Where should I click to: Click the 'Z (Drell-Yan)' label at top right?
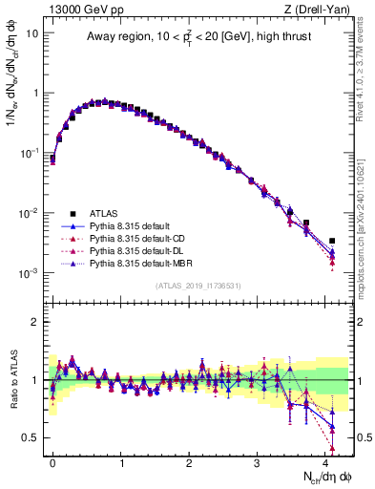tap(319, 9)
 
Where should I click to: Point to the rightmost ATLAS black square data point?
tap(332, 241)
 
